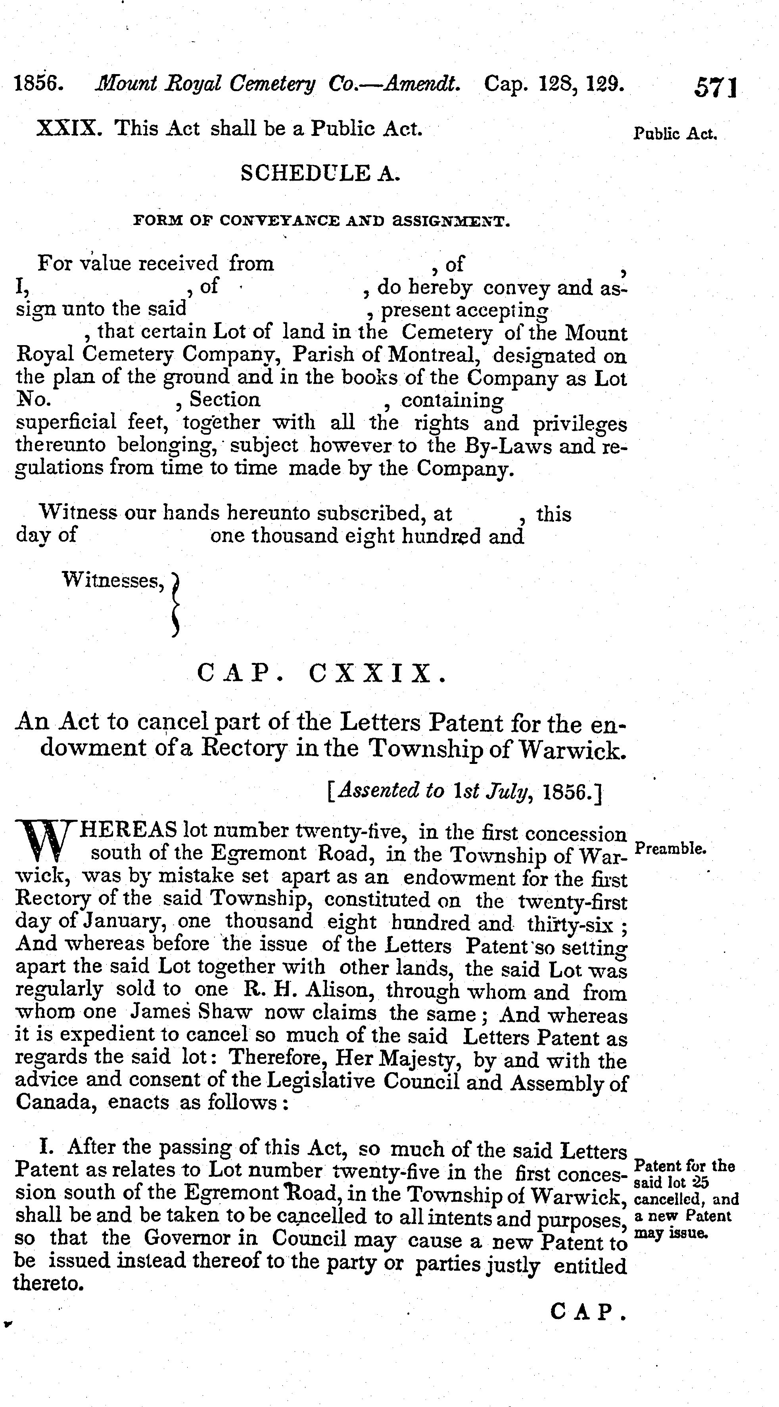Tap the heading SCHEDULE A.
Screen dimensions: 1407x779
coord(320,173)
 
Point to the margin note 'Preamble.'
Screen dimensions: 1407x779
coord(671,849)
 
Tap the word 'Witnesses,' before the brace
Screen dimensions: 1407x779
coord(114,580)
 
